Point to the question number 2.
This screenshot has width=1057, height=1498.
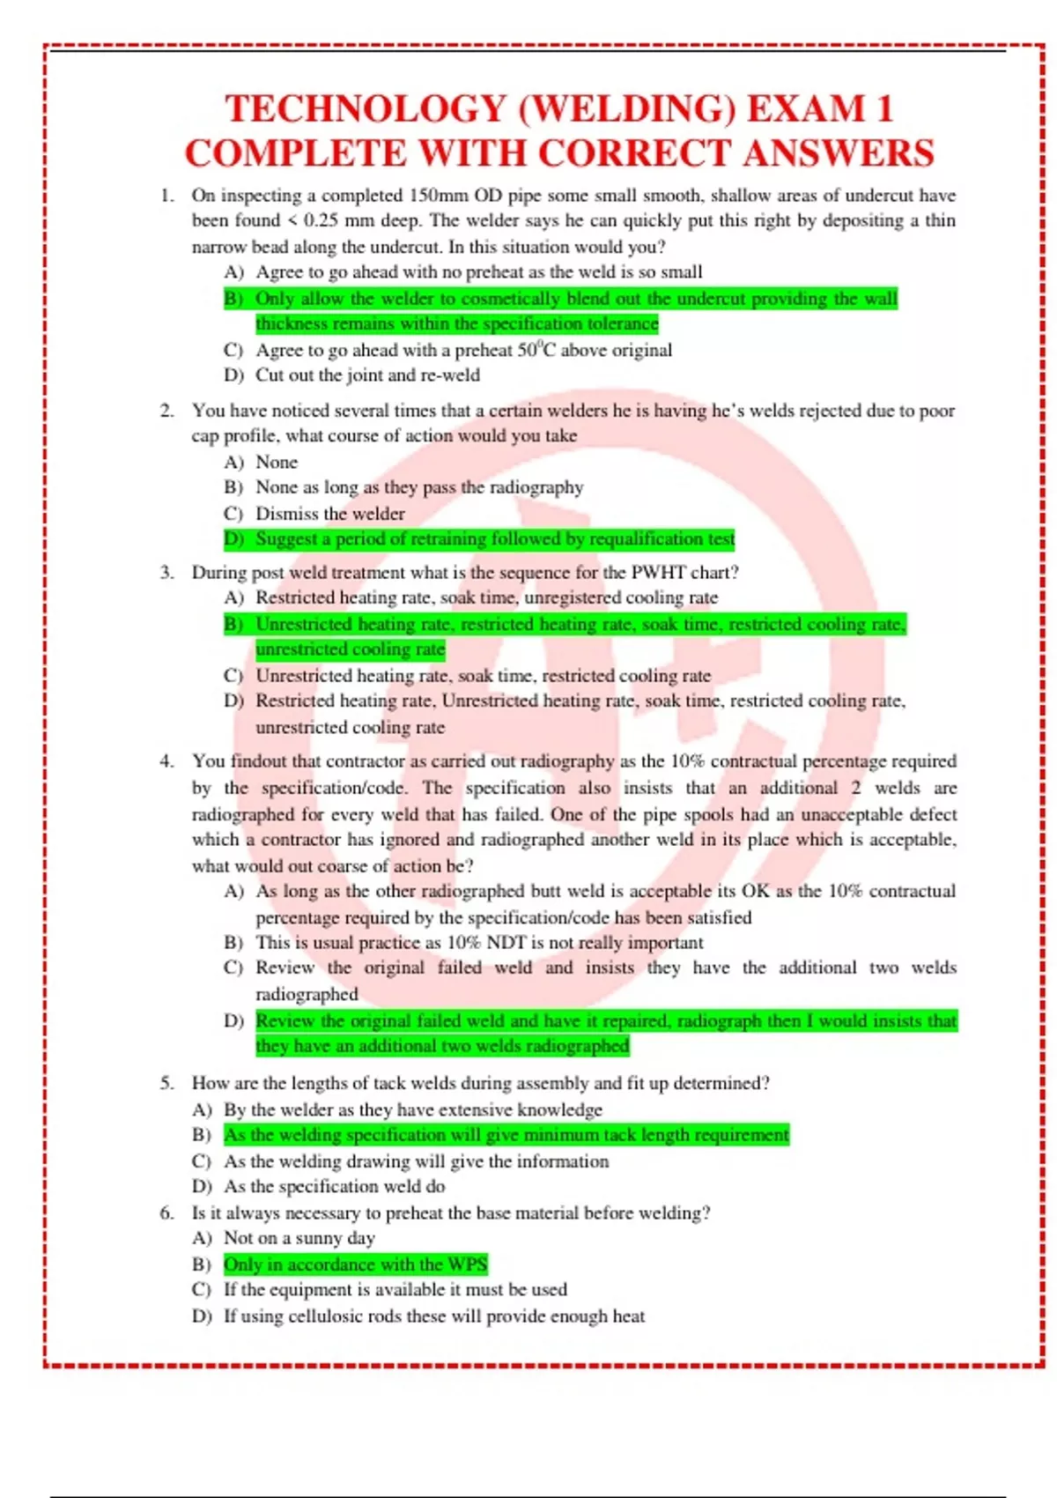point(166,411)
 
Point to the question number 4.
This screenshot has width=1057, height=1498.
point(166,761)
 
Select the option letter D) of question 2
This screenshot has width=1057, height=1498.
point(233,538)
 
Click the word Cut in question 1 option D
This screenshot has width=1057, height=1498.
point(270,375)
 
